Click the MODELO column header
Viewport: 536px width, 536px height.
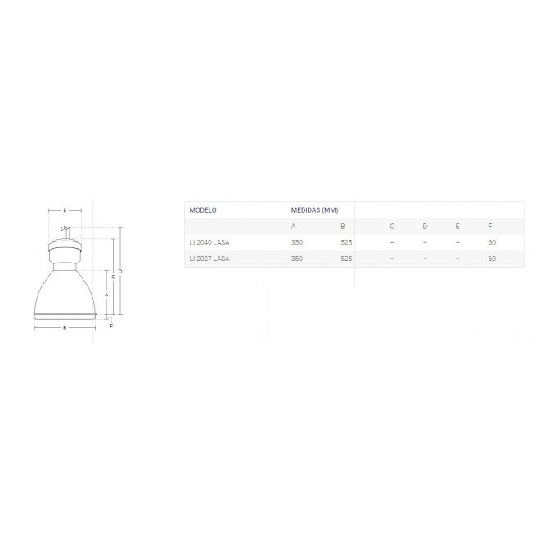(x=203, y=209)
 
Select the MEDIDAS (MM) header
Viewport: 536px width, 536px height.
(x=314, y=209)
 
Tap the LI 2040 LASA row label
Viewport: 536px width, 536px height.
(x=209, y=242)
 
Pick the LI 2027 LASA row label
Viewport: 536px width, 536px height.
(x=209, y=259)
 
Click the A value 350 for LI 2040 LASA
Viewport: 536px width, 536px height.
(x=297, y=242)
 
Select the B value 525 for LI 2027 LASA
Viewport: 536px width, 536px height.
(x=346, y=259)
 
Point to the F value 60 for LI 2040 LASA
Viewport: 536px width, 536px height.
(x=492, y=242)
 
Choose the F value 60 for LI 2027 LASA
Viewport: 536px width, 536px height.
(x=492, y=259)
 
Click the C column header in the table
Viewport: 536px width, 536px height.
(x=392, y=227)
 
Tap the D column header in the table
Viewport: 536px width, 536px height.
(x=425, y=227)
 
